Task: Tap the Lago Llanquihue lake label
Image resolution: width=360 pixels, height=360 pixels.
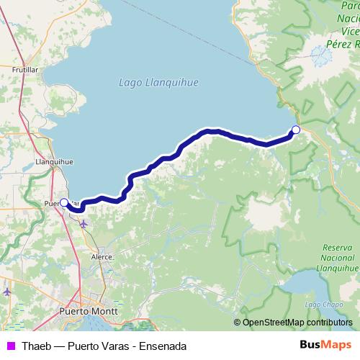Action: tap(158, 83)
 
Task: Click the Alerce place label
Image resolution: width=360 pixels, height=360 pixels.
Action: tap(102, 256)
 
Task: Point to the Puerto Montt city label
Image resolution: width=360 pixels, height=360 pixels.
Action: tap(84, 312)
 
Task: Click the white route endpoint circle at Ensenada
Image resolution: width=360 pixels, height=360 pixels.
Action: tap(295, 130)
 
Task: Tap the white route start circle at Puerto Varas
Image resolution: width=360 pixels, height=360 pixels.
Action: tap(63, 202)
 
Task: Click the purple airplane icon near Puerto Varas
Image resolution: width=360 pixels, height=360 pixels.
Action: tap(84, 224)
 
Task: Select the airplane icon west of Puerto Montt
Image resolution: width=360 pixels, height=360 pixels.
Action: tap(7, 292)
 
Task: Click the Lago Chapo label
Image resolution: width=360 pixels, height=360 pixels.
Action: tap(319, 305)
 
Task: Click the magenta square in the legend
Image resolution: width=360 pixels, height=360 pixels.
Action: tap(9, 346)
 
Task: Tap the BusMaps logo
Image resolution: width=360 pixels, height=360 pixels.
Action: tap(326, 346)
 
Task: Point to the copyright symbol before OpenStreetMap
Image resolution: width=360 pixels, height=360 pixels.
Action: tap(238, 323)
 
